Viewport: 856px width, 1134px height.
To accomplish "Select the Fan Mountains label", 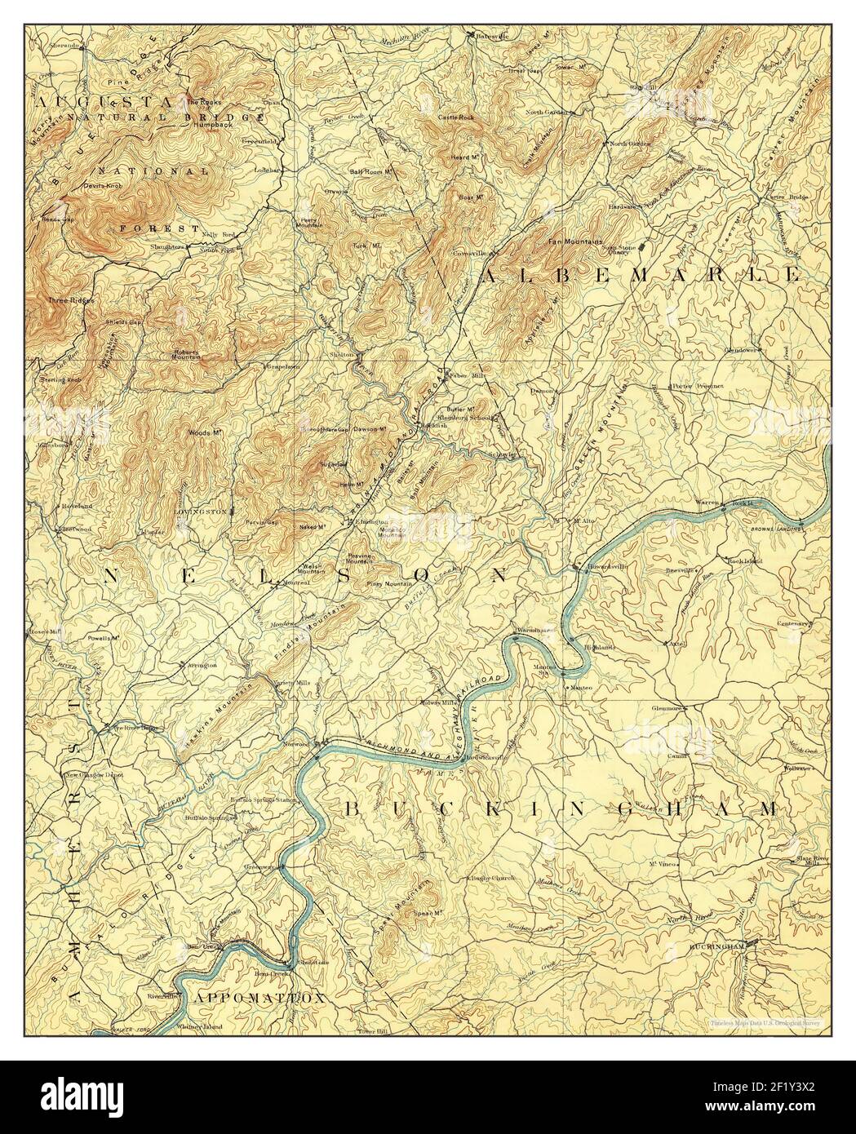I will (x=574, y=242).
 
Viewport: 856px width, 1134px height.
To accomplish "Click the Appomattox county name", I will (x=259, y=998).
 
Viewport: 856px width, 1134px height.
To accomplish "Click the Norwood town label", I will (x=311, y=745).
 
